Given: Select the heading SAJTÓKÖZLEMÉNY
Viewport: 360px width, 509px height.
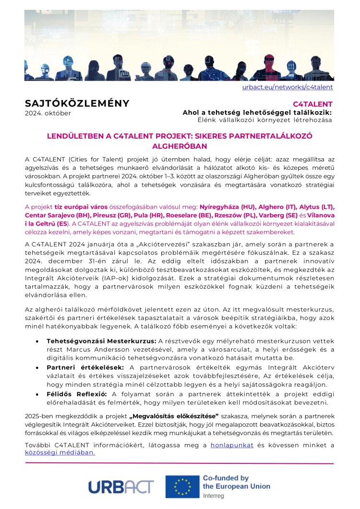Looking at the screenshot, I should pyautogui.click(x=77, y=103).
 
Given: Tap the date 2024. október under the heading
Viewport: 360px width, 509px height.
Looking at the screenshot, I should pyautogui.click(x=48, y=113).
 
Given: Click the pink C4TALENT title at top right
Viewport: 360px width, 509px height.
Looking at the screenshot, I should pyautogui.click(x=312, y=104).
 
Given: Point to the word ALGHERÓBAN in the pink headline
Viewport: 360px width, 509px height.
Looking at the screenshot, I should pyautogui.click(x=180, y=145).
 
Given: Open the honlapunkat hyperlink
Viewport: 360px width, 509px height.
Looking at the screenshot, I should pyautogui.click(x=230, y=445).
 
